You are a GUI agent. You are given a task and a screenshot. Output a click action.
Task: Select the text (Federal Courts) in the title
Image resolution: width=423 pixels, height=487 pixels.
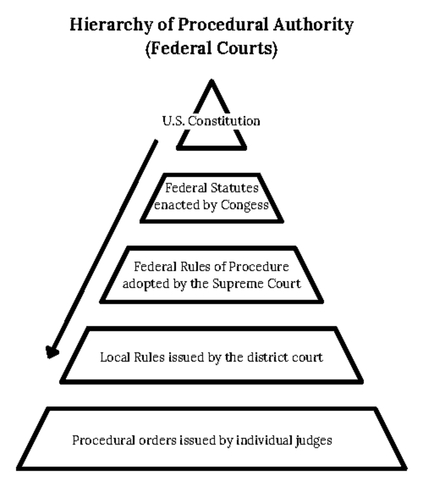(211, 48)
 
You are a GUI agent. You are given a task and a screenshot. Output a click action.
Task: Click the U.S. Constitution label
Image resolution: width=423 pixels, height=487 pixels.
(211, 121)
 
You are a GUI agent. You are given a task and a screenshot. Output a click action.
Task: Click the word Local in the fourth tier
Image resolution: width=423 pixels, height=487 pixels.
(112, 357)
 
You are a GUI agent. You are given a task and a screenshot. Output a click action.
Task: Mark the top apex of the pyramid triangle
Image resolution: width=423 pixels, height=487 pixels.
(211, 82)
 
